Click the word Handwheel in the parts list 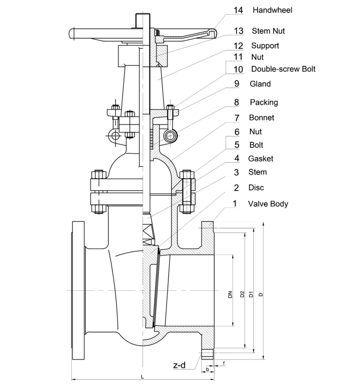(x=272, y=10)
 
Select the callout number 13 (x=239, y=31)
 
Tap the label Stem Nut (x=268, y=31)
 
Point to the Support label (x=265, y=45)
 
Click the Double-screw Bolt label (x=283, y=69)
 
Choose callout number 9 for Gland (x=237, y=84)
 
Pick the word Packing (x=263, y=102)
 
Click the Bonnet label (x=262, y=117)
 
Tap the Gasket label (x=261, y=158)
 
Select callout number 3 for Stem (x=237, y=172)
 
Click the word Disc (x=256, y=187)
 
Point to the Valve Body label (x=268, y=204)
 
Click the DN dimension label (x=230, y=295)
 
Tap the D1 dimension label (x=251, y=295)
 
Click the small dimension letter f (x=224, y=363)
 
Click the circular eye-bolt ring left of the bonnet (x=114, y=136)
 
